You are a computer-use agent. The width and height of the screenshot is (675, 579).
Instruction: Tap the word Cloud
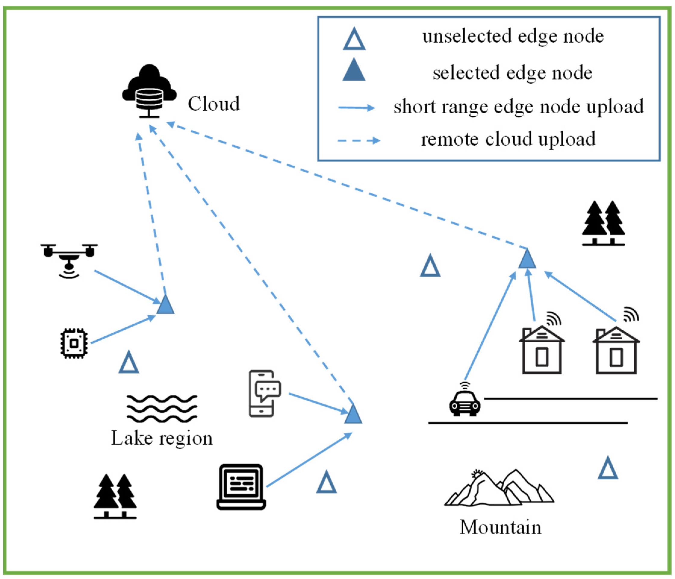tap(213, 104)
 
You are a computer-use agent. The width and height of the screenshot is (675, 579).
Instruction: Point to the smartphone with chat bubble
tap(265, 393)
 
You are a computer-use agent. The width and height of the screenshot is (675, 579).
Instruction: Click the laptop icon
tap(241, 487)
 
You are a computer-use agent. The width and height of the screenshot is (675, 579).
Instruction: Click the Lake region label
tap(162, 439)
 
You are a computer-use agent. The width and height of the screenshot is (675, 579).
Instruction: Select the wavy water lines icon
tap(162, 409)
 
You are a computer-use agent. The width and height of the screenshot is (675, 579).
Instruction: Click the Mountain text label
tap(500, 527)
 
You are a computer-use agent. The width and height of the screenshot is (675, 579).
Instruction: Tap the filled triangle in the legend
tap(354, 70)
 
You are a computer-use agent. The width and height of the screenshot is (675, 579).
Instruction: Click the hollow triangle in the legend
tap(354, 39)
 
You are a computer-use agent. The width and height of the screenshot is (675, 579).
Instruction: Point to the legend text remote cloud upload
tap(508, 139)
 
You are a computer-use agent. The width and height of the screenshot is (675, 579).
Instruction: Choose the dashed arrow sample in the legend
tap(359, 141)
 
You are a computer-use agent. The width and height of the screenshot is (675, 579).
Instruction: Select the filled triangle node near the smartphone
tap(353, 416)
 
